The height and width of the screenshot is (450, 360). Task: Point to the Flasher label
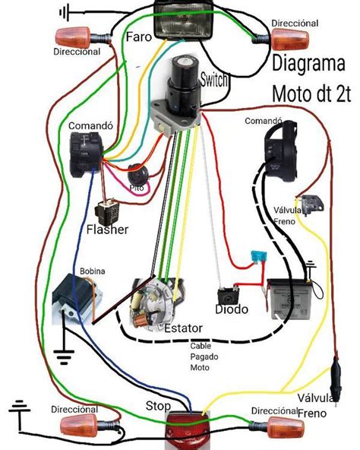click(x=106, y=229)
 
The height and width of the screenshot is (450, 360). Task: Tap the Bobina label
click(x=93, y=271)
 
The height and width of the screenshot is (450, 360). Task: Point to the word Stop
click(x=159, y=407)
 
